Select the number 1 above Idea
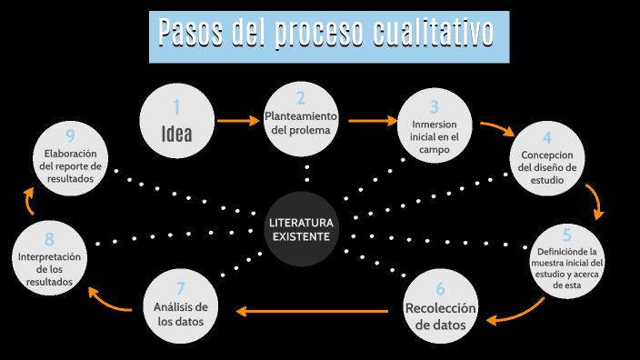pyautogui.click(x=176, y=108)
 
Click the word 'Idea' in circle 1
pyautogui.click(x=176, y=134)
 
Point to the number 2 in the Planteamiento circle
pyautogui.click(x=301, y=98)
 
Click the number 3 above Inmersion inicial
pyautogui.click(x=435, y=106)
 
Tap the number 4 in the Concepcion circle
pyautogui.click(x=547, y=138)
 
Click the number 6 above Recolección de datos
pyautogui.click(x=441, y=290)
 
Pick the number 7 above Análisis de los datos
pyautogui.click(x=181, y=289)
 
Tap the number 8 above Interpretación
pyautogui.click(x=50, y=240)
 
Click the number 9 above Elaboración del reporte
pyautogui.click(x=69, y=137)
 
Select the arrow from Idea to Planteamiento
pyautogui.click(x=239, y=120)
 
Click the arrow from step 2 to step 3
pyautogui.click(x=372, y=119)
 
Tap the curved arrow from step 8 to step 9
pyautogui.click(x=29, y=201)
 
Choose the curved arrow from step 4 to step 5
pyautogui.click(x=595, y=201)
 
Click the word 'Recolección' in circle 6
pyautogui.click(x=441, y=308)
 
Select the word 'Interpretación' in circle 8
pyautogui.click(x=50, y=257)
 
